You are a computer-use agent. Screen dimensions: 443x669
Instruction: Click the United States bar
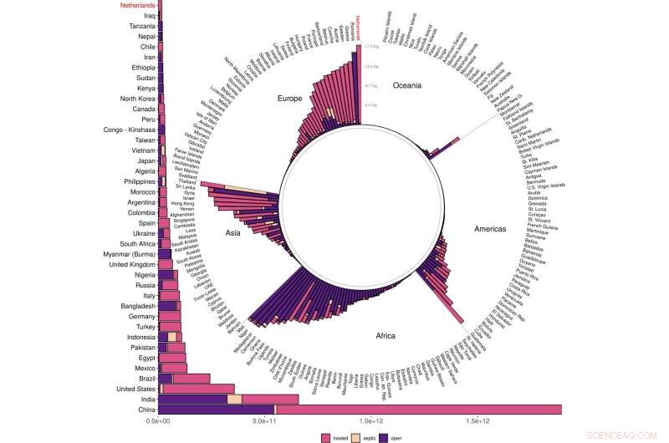(197, 388)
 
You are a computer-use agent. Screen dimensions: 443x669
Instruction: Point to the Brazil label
(144, 378)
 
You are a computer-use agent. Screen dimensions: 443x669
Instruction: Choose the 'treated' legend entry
(338, 436)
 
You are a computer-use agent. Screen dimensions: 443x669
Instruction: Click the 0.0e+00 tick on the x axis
(159, 422)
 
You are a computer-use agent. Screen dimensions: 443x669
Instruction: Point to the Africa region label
(385, 336)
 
